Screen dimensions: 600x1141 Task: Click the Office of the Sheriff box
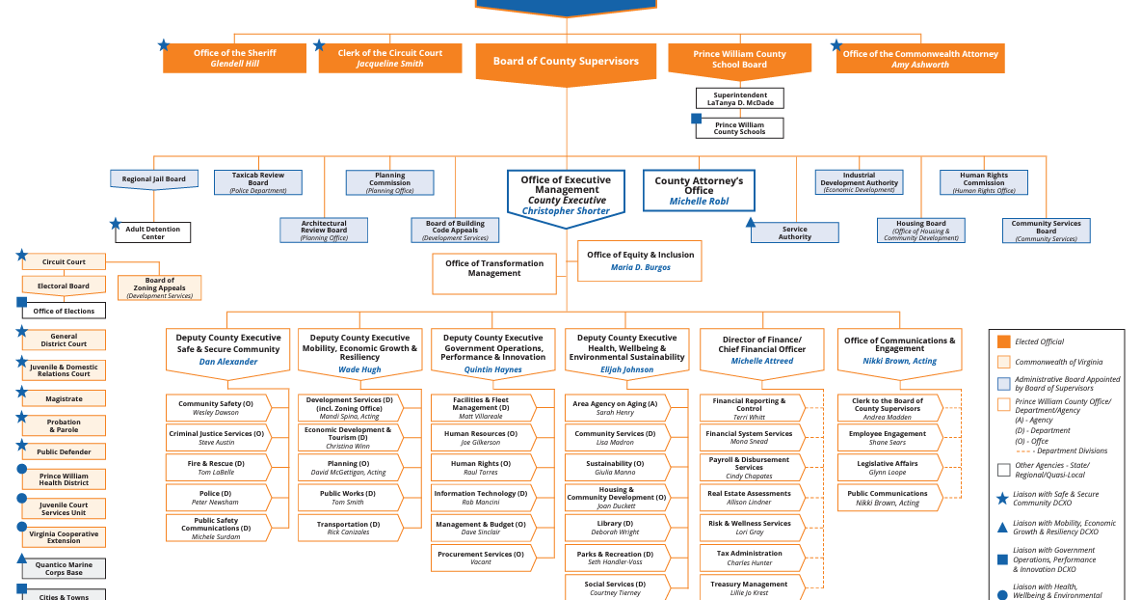234,58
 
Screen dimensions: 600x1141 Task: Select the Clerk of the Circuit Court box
389,58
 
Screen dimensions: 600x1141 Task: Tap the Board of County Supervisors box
566,62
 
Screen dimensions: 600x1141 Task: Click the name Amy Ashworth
920,65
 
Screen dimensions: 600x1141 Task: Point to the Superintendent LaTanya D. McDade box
740,97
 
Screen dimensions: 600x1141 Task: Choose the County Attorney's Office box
699,191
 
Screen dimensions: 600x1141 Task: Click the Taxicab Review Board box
258,182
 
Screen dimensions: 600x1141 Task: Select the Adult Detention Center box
153,232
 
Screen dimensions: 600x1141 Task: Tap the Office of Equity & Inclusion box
640,260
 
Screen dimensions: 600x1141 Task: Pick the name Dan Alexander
228,362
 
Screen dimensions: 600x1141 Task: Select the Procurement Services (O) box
480,559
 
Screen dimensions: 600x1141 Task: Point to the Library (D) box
615,528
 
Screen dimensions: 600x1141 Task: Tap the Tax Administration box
750,558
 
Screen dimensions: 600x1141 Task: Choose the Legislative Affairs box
888,468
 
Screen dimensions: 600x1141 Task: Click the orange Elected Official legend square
1003,341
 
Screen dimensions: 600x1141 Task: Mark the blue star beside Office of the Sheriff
164,45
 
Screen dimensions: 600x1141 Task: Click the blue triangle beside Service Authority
752,223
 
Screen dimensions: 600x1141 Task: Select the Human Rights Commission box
984,182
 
